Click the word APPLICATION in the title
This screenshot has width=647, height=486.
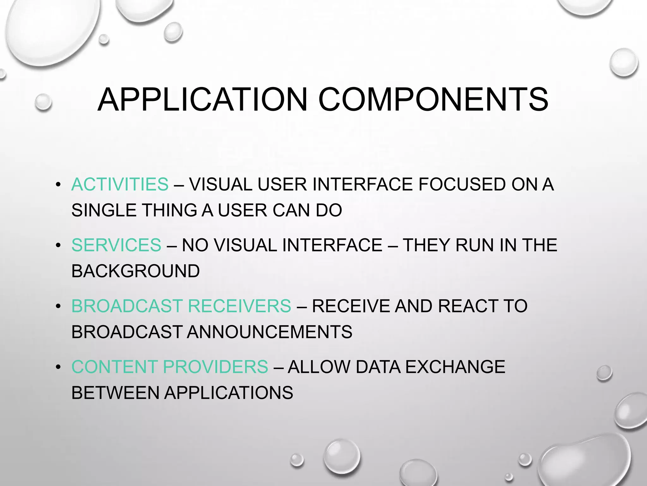coord(202,100)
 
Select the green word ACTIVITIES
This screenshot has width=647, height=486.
coord(120,184)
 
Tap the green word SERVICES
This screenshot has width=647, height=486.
coord(116,245)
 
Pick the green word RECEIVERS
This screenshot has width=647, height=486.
coord(239,306)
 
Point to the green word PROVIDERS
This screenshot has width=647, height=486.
coord(215,367)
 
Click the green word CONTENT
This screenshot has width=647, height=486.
coord(114,367)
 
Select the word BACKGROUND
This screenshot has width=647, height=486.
coord(136,271)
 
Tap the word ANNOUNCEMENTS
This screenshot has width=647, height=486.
coord(269,332)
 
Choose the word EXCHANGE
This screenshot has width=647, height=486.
coord(455,367)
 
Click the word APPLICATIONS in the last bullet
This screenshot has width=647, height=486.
coord(228,393)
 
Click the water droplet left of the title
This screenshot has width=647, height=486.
coord(43,102)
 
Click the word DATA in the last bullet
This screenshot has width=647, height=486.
coord(378,367)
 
